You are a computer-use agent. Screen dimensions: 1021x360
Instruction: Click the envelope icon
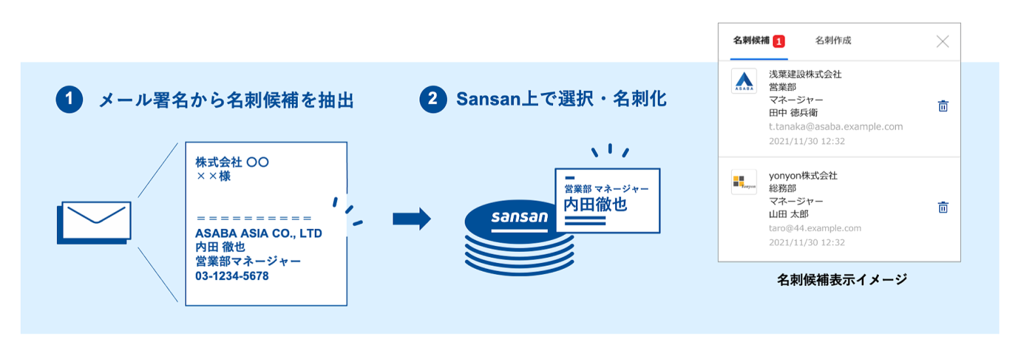coord(94,223)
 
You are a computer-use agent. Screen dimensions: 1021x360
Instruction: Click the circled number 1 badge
coord(69,99)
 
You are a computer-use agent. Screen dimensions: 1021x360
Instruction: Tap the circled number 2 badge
coord(433,99)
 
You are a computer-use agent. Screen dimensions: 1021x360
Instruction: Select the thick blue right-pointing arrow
coord(412,219)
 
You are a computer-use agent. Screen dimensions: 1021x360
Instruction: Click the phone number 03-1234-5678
coord(232,276)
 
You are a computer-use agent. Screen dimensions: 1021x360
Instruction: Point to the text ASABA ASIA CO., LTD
coord(259,233)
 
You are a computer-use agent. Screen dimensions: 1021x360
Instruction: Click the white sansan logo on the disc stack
coord(520,217)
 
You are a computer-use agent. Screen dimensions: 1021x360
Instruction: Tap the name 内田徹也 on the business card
coord(596,205)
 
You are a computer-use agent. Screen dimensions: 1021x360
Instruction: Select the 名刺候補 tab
coord(751,41)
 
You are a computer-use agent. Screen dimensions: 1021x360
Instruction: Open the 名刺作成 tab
coord(833,41)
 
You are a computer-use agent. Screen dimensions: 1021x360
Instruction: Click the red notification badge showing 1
coord(779,41)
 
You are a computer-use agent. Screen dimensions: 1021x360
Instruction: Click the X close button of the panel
coord(942,41)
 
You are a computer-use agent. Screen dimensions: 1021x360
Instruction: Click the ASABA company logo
coord(744,81)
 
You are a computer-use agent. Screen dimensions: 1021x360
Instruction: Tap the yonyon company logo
coord(744,182)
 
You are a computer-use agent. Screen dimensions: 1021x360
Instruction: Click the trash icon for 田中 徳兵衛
coord(943,106)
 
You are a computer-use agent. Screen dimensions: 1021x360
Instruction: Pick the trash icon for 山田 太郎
coord(943,207)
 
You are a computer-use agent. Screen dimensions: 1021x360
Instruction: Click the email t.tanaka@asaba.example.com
coord(836,127)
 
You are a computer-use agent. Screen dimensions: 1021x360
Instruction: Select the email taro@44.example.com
coord(815,228)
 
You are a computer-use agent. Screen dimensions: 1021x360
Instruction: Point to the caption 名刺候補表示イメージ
coord(842,279)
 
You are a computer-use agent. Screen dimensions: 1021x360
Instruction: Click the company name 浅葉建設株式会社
coord(806,74)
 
